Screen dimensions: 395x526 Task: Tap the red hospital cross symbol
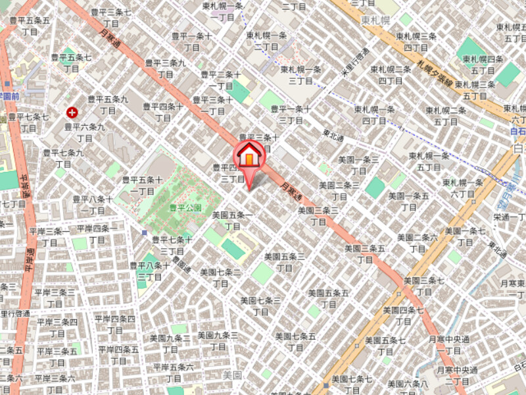pos(71,113)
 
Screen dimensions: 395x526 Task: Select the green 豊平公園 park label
pos(185,207)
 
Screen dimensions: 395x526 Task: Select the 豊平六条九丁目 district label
pos(84,132)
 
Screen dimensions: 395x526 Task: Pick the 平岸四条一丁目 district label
pos(97,234)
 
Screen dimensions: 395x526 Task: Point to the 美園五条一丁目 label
pos(231,221)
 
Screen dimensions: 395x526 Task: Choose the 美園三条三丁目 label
pos(318,216)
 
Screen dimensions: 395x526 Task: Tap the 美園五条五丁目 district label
pos(328,298)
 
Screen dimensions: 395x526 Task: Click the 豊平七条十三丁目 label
pos(172,246)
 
